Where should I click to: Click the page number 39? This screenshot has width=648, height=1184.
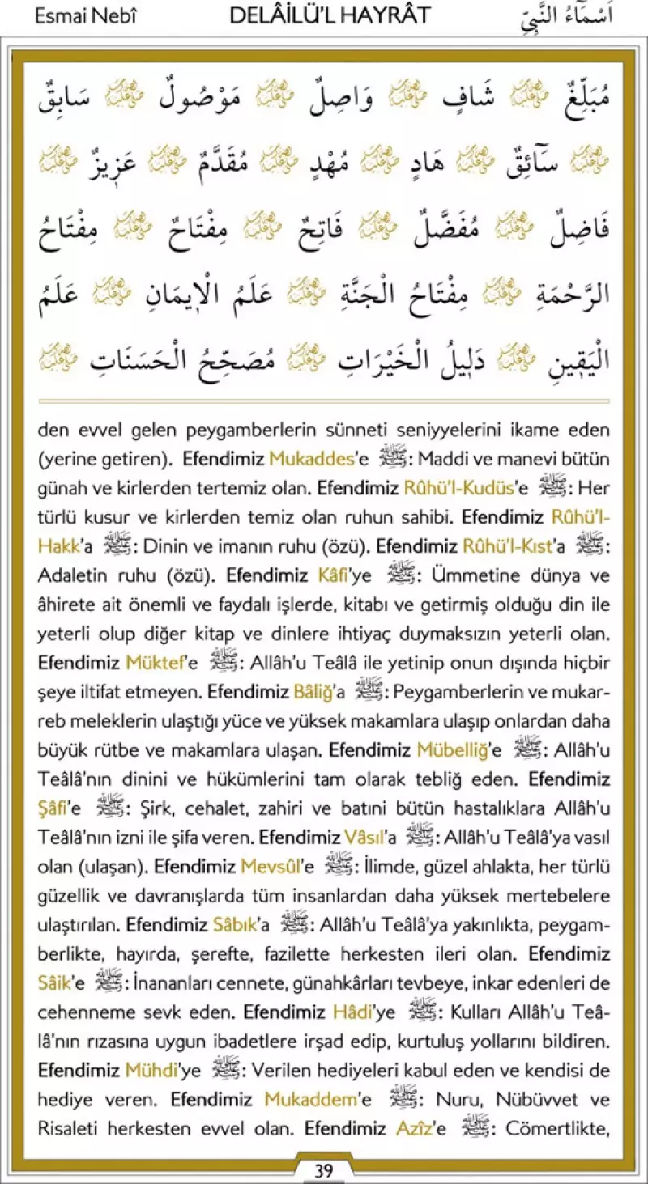click(323, 1170)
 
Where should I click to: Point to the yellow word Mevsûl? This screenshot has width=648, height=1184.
click(271, 868)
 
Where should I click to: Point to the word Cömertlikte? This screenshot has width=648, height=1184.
click(557, 1130)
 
